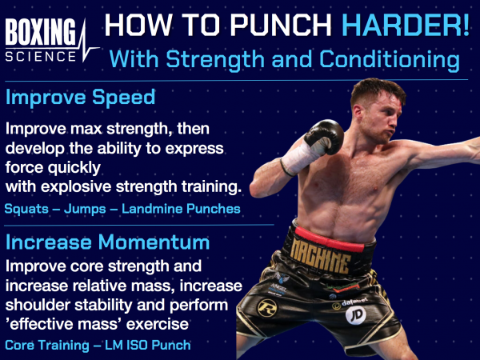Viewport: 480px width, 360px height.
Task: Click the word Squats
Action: pyautogui.click(x=24, y=210)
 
